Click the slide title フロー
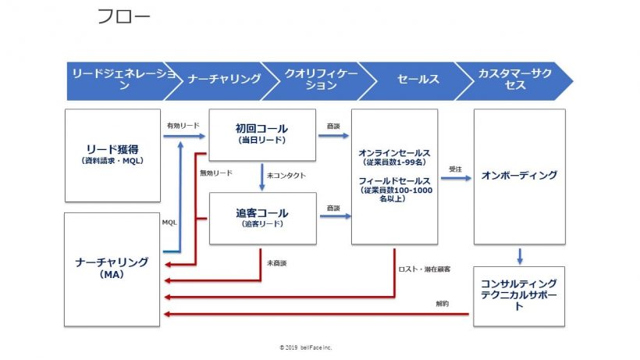pyautogui.click(x=124, y=16)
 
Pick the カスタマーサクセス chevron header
pyautogui.click(x=515, y=79)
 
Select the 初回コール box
pyautogui.click(x=261, y=133)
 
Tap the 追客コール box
pyautogui.click(x=261, y=217)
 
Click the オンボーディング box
pyautogui.click(x=519, y=176)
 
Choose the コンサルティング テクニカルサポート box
pyautogui.click(x=519, y=295)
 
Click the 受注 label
pyautogui.click(x=455, y=168)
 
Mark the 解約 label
pyautogui.click(x=443, y=304)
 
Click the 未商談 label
pyautogui.click(x=276, y=263)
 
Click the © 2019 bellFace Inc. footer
pyautogui.click(x=305, y=347)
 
